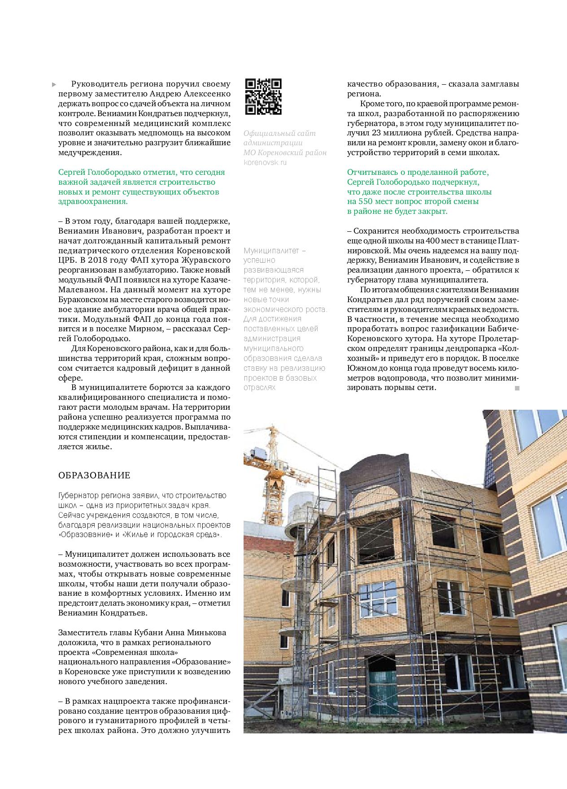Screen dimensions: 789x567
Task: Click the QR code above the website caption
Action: pyautogui.click(x=263, y=97)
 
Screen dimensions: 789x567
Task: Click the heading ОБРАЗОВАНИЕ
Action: pyautogui.click(x=94, y=475)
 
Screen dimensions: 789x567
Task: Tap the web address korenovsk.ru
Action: pyautogui.click(x=265, y=162)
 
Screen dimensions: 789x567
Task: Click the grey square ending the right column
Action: pyautogui.click(x=517, y=388)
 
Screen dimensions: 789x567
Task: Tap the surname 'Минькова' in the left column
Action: pyautogui.click(x=207, y=633)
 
